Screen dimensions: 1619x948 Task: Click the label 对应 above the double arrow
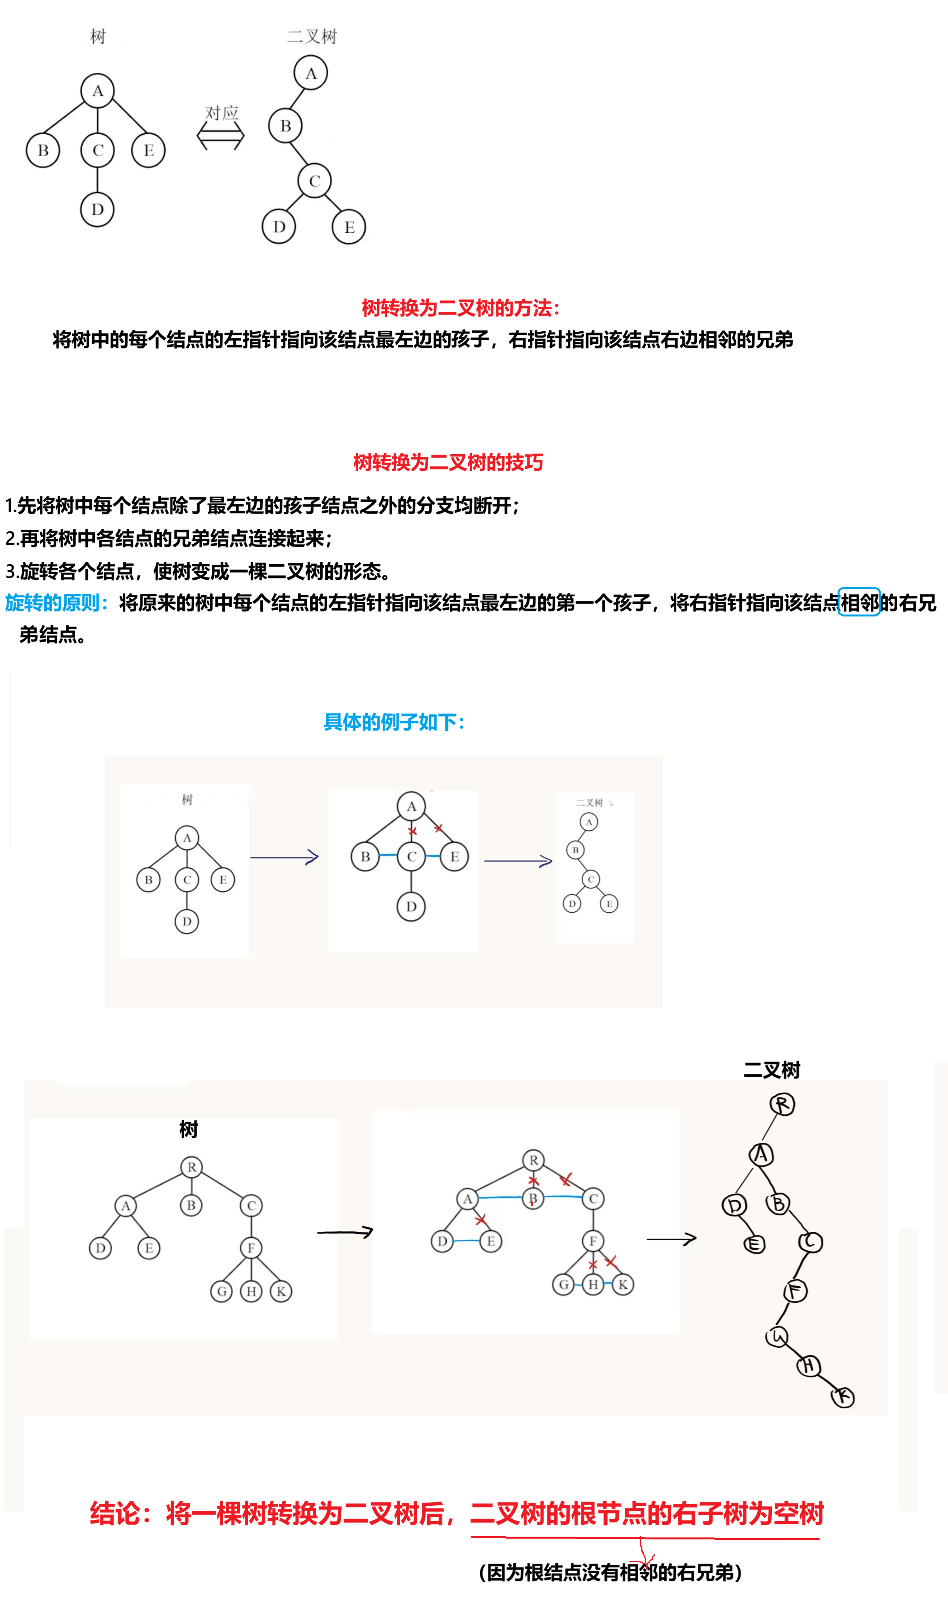pos(222,113)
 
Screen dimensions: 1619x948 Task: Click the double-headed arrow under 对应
pos(220,136)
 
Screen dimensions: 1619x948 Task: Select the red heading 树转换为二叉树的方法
pos(460,308)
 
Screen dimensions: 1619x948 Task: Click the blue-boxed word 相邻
pos(859,603)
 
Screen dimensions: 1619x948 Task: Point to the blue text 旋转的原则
pos(53,603)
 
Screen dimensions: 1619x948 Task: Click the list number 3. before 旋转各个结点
pos(11,571)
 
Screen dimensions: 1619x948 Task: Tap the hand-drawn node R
pos(782,1104)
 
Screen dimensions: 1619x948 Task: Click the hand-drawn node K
pos(843,1397)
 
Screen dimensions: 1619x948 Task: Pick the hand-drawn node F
pos(795,1291)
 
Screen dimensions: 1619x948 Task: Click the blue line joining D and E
pos(466,1240)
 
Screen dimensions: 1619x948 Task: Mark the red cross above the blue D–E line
pos(481,1219)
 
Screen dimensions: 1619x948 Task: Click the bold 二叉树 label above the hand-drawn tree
pos(771,1070)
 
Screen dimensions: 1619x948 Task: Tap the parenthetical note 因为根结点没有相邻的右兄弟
pos(610,1573)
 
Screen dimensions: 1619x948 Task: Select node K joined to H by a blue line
pos(622,1284)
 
